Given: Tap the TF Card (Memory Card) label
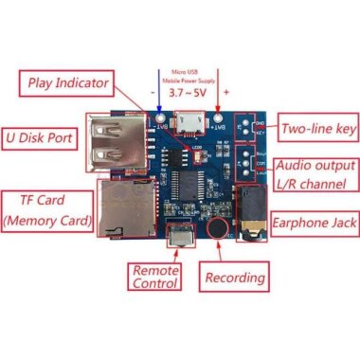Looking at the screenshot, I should click(x=47, y=211).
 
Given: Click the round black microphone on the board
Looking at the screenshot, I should click(x=217, y=229).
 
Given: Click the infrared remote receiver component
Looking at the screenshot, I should click(x=177, y=233).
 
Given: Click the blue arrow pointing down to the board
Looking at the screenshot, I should click(x=157, y=95).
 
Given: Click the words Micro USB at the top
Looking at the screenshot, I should click(x=187, y=69).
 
